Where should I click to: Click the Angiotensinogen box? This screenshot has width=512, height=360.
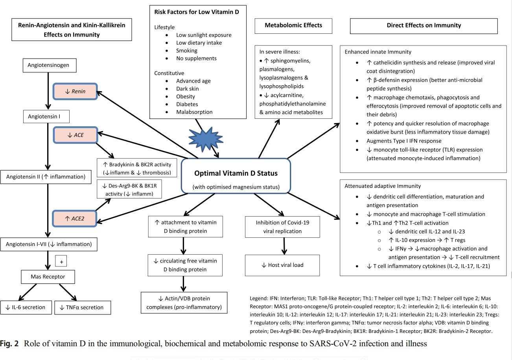[49, 65]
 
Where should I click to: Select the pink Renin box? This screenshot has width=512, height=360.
[75, 92]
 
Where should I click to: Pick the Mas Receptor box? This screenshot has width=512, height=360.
[48, 277]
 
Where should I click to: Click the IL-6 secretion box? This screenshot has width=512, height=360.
[26, 307]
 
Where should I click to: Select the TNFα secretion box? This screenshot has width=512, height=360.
[83, 307]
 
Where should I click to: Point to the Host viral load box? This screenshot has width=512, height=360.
[282, 265]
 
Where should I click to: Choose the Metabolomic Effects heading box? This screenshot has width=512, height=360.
[293, 26]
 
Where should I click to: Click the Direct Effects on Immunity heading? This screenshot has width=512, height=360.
[424, 26]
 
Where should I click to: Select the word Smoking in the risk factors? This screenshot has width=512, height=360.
[187, 50]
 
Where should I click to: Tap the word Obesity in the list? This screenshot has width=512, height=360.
[186, 96]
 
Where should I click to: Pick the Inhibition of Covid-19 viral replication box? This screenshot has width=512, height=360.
[282, 227]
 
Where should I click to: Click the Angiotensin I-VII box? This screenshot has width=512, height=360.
[49, 244]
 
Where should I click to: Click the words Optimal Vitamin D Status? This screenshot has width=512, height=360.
[235, 173]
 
